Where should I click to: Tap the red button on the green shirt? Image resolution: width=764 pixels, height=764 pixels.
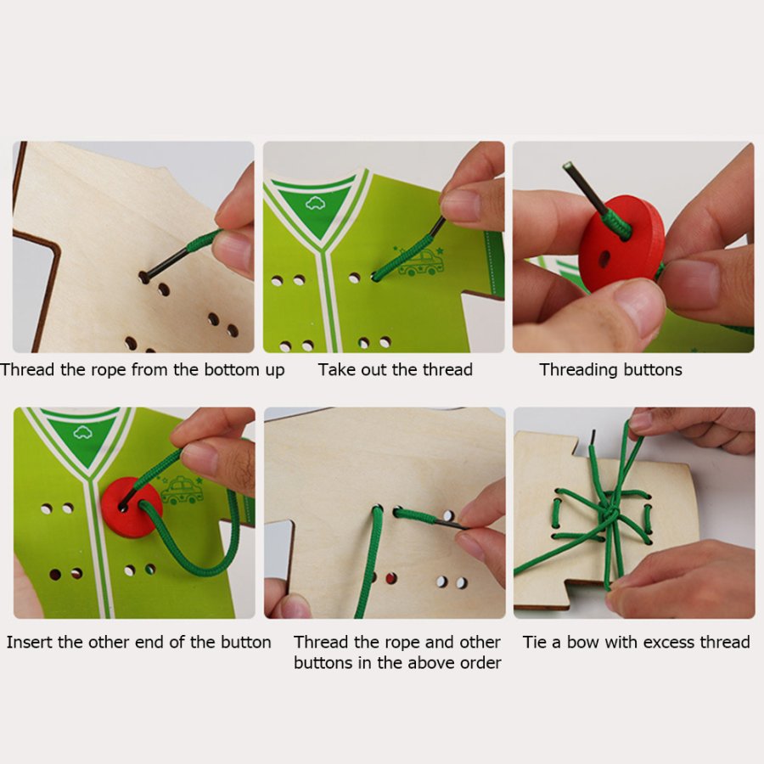[x=132, y=508]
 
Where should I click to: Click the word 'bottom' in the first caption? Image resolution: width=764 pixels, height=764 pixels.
[x=232, y=370]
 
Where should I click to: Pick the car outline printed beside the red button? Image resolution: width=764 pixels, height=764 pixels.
[x=183, y=490]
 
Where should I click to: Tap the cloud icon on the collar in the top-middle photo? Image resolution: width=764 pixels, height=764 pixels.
[x=315, y=203]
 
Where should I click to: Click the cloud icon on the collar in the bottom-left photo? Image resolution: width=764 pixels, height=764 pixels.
[x=82, y=432]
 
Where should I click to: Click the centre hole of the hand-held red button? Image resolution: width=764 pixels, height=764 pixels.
[x=604, y=259]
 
